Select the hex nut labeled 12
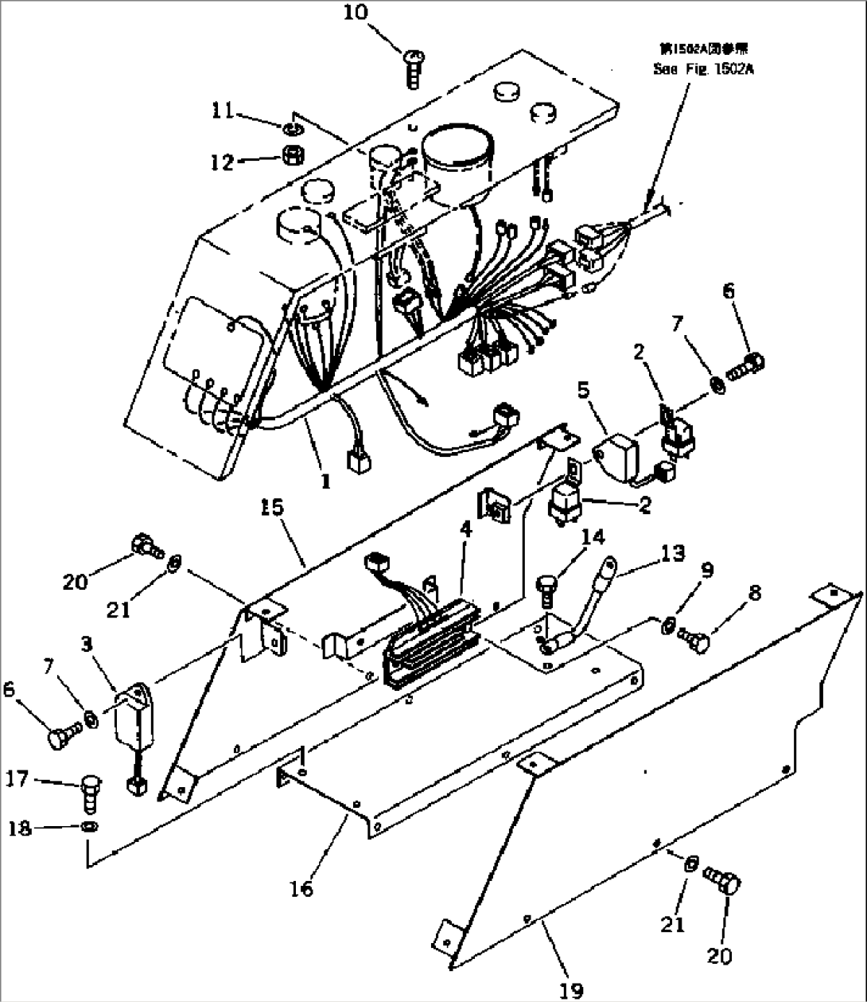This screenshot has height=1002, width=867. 292,154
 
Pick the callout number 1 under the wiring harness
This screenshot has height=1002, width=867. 325,482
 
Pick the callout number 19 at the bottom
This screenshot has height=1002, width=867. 571,989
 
